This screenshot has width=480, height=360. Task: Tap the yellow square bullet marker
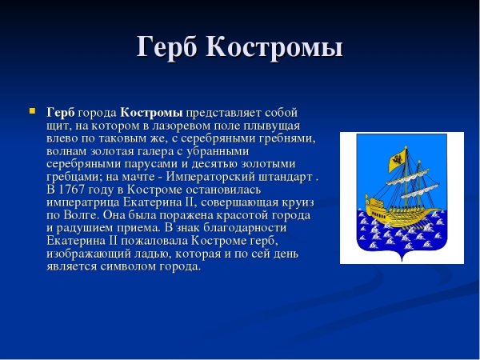[x=32, y=110]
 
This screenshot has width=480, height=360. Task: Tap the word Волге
[x=88, y=215]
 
